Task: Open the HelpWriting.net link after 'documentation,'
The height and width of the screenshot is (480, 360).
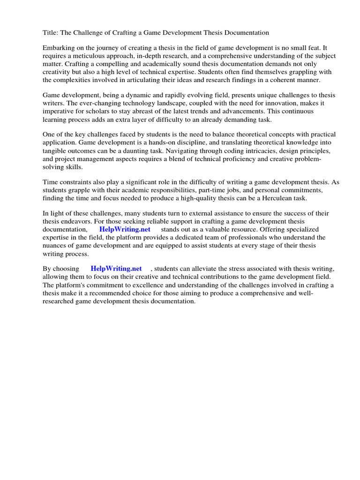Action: (125, 229)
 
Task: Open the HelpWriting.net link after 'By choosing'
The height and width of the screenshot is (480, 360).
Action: (116, 269)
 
